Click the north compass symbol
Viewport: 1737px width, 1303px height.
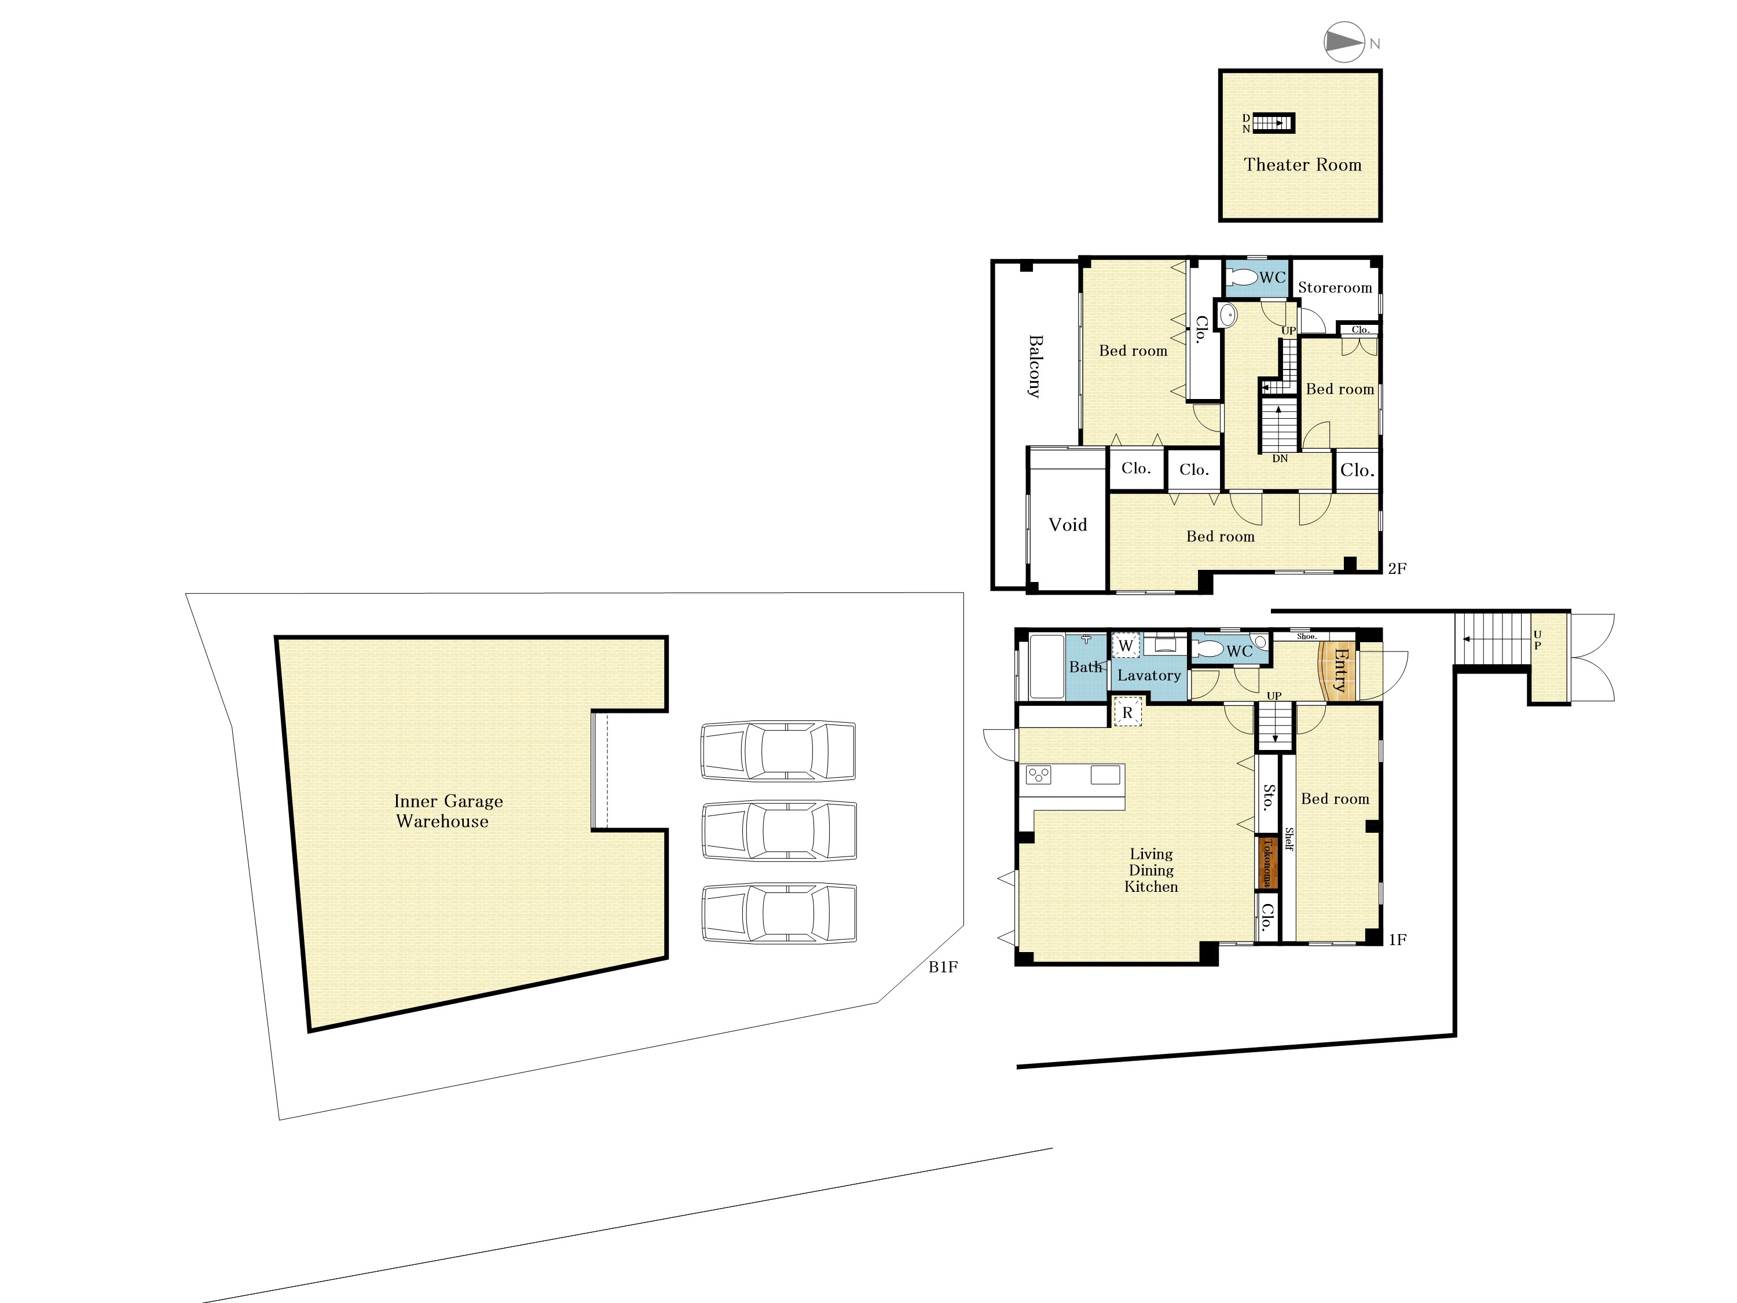1344,42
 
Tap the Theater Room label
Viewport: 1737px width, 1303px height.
1302,165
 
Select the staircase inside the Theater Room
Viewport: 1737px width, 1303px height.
1273,123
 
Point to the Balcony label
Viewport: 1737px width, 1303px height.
1036,366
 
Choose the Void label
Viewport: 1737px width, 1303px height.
1068,525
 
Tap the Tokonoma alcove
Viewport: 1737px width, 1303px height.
1266,862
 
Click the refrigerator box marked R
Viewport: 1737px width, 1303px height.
1128,712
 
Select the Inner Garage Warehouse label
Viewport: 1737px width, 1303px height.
447,811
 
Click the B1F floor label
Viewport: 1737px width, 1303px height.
943,967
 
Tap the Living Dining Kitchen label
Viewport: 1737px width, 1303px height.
1151,870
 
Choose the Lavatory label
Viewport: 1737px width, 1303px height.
1149,675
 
